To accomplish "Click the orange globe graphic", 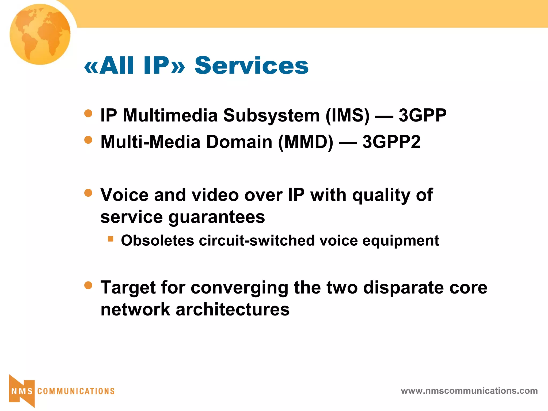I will tap(40, 34).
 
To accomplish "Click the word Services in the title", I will tap(251, 65).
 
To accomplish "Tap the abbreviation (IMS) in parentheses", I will tap(347, 116).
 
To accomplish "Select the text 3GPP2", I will tap(391, 142).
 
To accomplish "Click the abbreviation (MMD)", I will tap(306, 142).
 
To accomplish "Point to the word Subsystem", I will tap(271, 116).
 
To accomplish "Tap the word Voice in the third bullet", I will tap(124, 195).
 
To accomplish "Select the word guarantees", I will tap(216, 217).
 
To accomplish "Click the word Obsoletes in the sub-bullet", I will tap(157, 240).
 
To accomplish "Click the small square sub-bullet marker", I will tap(111, 239).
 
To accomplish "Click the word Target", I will tap(128, 288).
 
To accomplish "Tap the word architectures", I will tap(232, 310).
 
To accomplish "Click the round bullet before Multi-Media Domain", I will tap(88, 140).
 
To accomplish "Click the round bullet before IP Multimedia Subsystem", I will tap(88, 113).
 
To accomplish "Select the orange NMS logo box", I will tap(22, 391).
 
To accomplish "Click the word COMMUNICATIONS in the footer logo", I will tap(76, 391).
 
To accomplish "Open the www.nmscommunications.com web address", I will tap(469, 391).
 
